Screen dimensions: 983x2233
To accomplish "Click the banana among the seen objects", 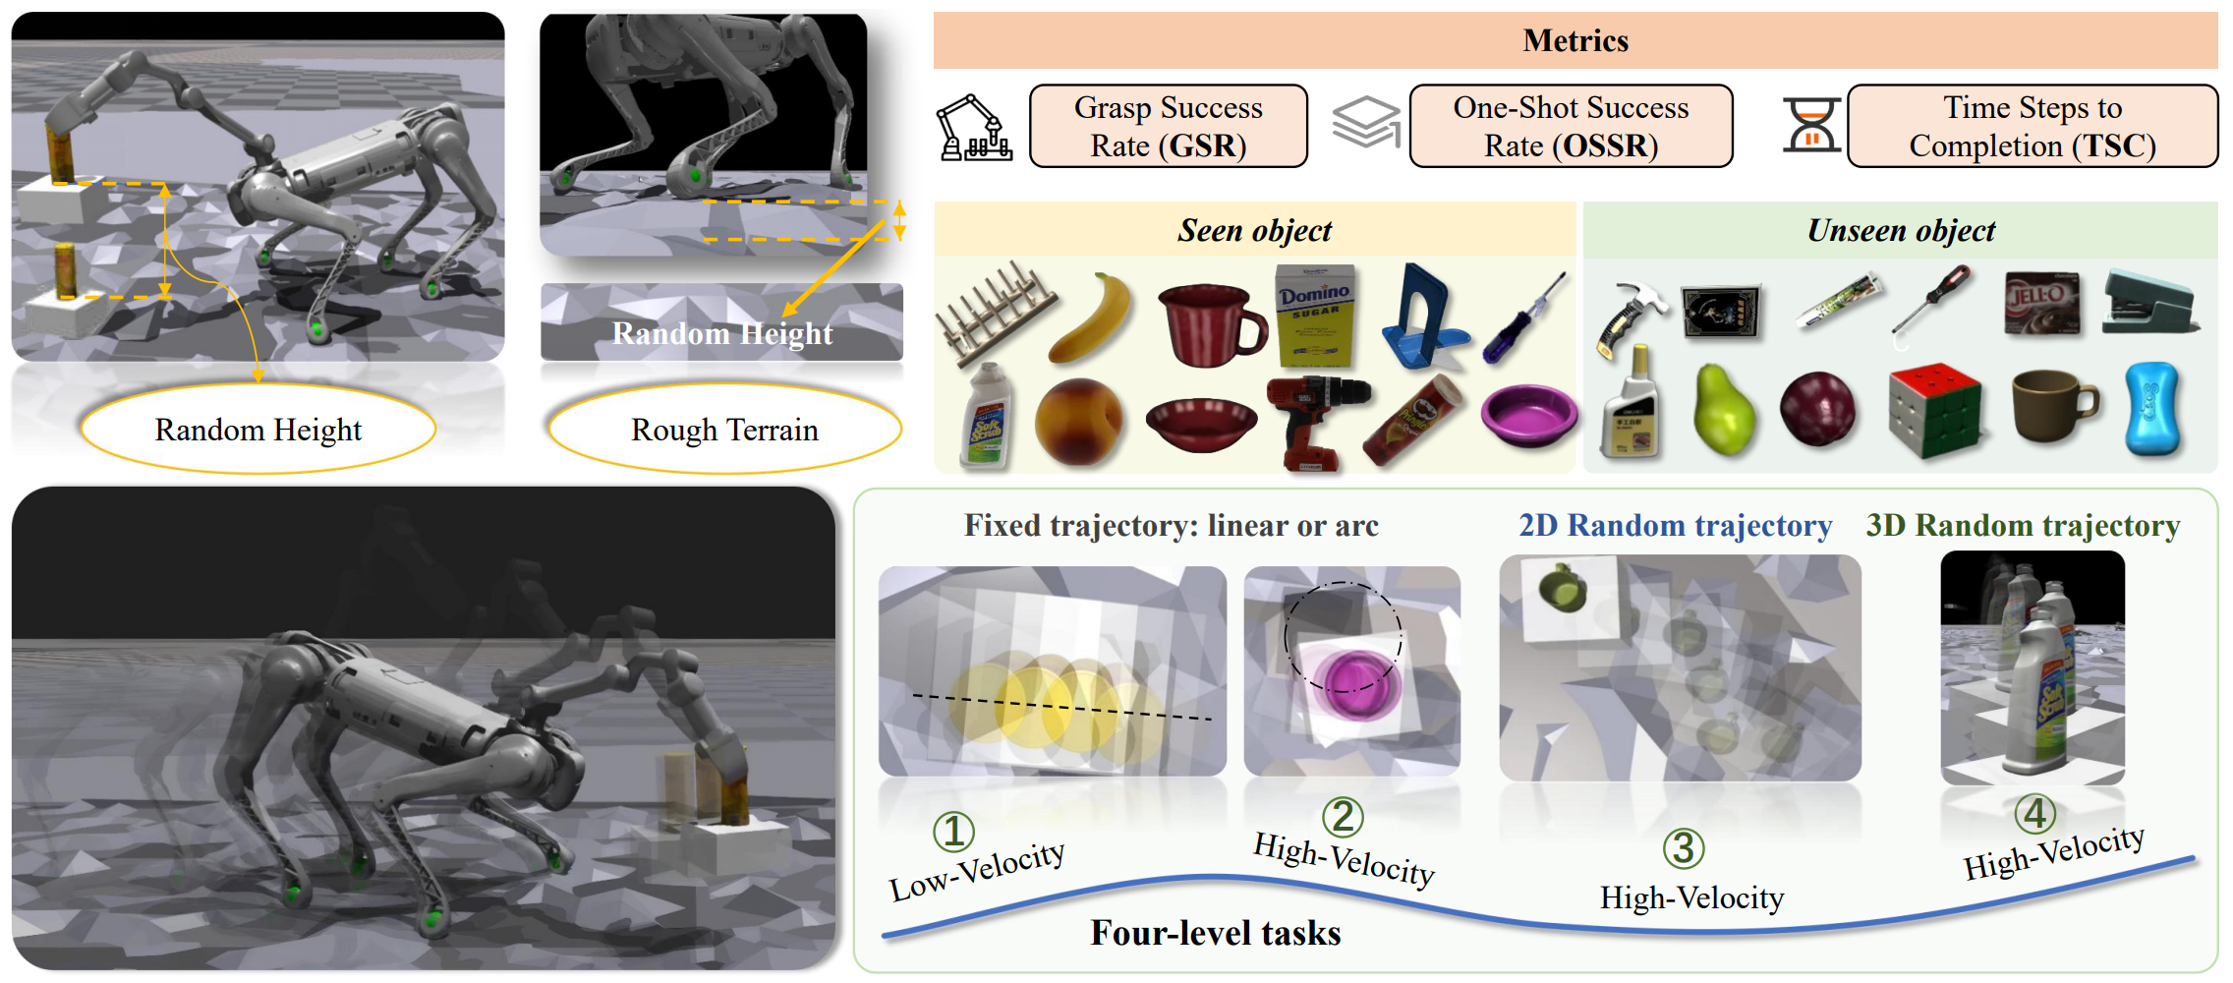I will (x=1092, y=318).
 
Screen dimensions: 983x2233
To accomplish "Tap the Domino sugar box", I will (x=1315, y=315).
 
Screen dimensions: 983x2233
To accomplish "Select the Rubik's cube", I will (x=1932, y=410).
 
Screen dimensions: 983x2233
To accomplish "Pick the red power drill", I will (x=1314, y=418).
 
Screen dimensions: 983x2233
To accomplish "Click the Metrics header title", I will (x=1575, y=40).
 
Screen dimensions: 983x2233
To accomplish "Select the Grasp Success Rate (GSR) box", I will (x=1168, y=126).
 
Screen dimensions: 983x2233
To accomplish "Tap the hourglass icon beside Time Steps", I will (x=1810, y=126).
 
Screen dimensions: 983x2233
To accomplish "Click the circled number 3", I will (x=1683, y=848).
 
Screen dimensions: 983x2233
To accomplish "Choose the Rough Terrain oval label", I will (x=724, y=430).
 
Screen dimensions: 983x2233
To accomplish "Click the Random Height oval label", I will (x=258, y=430).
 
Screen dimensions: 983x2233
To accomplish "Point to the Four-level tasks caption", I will (x=1215, y=932).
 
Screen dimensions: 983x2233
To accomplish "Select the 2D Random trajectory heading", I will (x=1675, y=526).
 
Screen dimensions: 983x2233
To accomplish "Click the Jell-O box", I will (x=2041, y=302).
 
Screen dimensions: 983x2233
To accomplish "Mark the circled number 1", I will (x=952, y=832).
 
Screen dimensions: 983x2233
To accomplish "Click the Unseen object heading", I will (x=1901, y=231).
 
